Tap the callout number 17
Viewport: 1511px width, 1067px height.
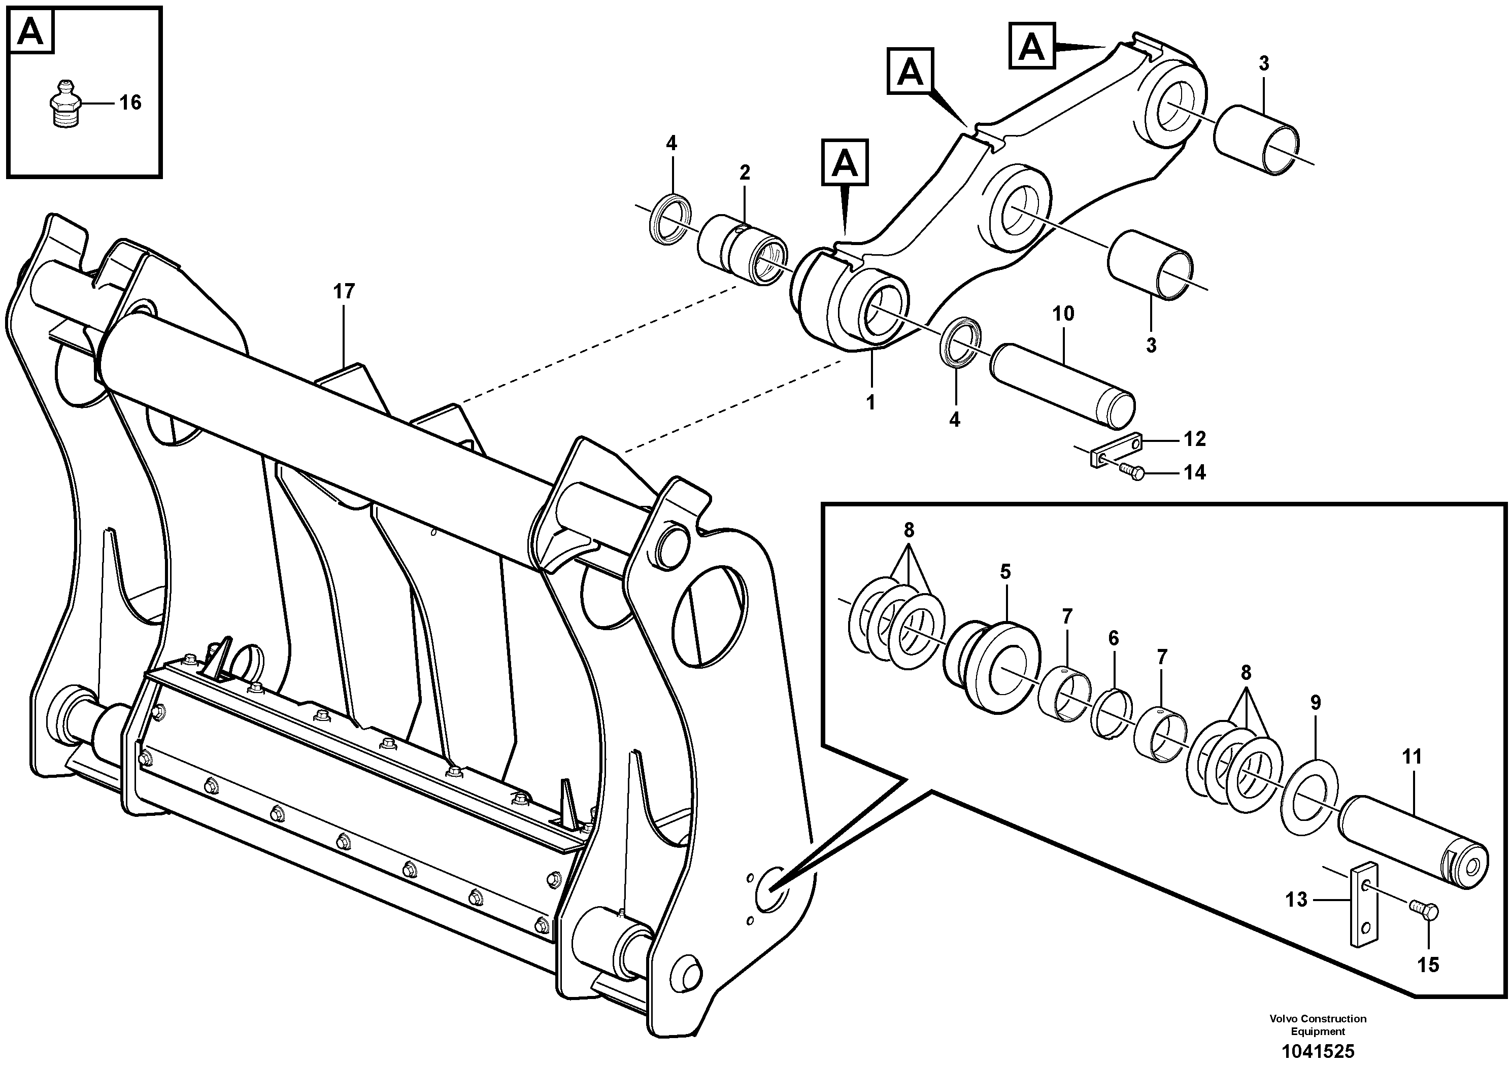pyautogui.click(x=344, y=291)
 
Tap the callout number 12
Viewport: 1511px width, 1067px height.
pyautogui.click(x=1194, y=439)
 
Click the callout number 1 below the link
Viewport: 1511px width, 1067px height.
pyautogui.click(x=870, y=402)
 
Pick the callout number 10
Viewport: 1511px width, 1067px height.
pyautogui.click(x=1063, y=314)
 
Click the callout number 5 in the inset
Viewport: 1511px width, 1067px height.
pyautogui.click(x=1005, y=572)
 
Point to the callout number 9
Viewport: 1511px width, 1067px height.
pyautogui.click(x=1315, y=703)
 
